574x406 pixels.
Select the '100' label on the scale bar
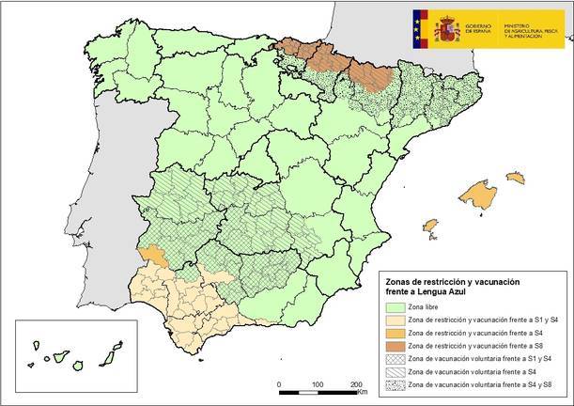pyautogui.click(x=318, y=385)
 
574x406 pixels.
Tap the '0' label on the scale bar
pyautogui.click(x=279, y=385)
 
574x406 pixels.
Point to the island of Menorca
pyautogui.click(x=515, y=177)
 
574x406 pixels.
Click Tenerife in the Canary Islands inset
pyautogui.click(x=59, y=358)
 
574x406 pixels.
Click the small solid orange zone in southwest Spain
pyautogui.click(x=148, y=254)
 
